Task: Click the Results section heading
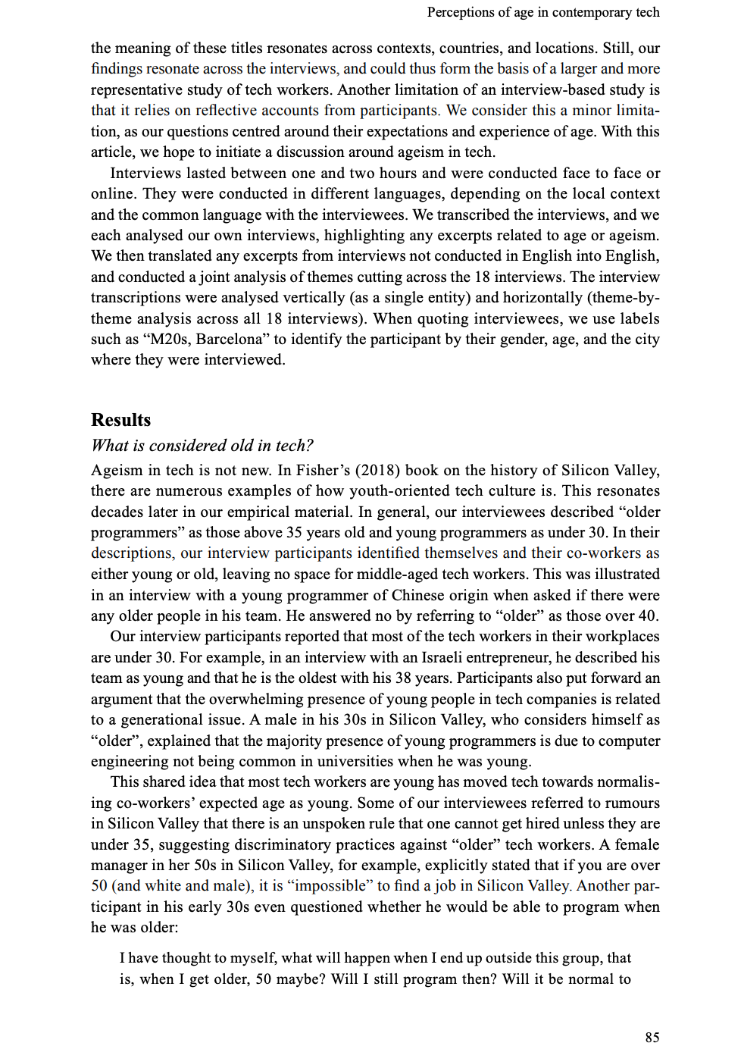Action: pyautogui.click(x=120, y=420)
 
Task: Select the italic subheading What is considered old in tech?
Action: pyautogui.click(x=202, y=446)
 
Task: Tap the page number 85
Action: pyautogui.click(x=652, y=1037)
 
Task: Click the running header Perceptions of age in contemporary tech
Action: pyautogui.click(x=542, y=12)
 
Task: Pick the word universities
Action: pyautogui.click(x=358, y=761)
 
